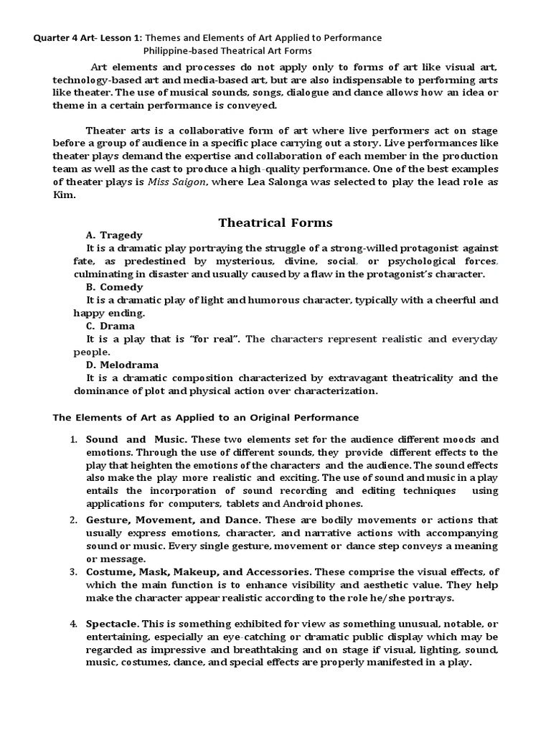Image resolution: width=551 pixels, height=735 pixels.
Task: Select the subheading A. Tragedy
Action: click(114, 235)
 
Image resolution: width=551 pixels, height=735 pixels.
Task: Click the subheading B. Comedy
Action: click(115, 286)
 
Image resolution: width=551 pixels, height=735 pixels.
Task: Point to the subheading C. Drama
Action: click(111, 325)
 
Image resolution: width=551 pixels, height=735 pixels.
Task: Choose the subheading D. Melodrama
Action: click(122, 364)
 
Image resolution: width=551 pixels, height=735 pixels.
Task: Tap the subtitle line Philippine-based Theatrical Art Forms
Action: click(227, 50)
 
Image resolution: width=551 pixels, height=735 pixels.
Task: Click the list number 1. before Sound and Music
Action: click(73, 439)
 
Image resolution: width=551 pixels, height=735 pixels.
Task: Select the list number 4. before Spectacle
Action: click(73, 624)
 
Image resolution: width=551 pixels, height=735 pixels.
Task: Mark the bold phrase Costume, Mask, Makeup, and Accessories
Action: click(198, 572)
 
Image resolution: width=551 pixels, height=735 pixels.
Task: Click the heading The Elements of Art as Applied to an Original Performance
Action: click(207, 417)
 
